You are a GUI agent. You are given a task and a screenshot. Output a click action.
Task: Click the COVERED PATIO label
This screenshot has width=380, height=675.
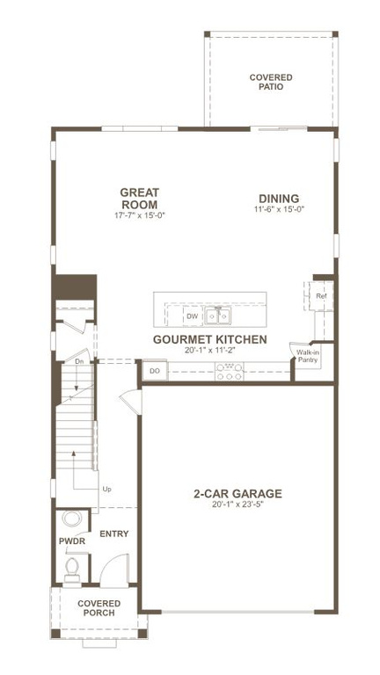(x=270, y=83)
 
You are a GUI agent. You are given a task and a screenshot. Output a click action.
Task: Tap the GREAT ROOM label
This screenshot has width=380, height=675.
(x=140, y=198)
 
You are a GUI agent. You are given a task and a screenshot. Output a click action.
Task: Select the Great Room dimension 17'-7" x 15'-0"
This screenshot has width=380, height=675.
(x=140, y=215)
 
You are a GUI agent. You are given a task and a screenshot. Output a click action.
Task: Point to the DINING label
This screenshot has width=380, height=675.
(x=279, y=199)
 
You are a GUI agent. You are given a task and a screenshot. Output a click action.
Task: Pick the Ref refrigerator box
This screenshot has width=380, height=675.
(x=321, y=297)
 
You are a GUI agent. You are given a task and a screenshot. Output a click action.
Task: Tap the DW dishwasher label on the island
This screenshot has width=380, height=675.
(x=192, y=316)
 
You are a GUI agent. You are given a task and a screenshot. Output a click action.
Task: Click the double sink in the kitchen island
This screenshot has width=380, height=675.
(x=218, y=316)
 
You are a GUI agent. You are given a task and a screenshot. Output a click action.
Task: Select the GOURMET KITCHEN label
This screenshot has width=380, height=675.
(x=209, y=339)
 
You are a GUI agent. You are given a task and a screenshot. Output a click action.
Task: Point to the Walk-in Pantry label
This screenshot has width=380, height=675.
(x=307, y=357)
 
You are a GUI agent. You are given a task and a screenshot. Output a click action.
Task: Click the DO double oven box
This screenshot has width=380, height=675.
(x=155, y=372)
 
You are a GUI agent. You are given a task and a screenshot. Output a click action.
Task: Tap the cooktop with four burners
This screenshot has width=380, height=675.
(x=230, y=372)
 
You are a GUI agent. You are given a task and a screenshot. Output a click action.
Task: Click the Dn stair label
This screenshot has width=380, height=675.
(x=78, y=361)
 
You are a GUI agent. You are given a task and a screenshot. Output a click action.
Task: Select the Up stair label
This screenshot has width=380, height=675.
(x=106, y=489)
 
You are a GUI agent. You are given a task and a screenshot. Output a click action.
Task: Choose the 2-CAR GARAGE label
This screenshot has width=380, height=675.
(x=237, y=493)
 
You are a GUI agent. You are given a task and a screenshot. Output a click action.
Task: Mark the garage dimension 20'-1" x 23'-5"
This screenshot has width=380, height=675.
(x=237, y=505)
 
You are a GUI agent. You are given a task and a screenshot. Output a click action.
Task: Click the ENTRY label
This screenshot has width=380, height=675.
(x=114, y=533)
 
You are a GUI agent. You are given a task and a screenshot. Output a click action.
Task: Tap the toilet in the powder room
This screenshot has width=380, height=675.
(x=71, y=572)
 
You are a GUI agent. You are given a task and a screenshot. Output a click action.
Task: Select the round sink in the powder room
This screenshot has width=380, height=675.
(x=71, y=519)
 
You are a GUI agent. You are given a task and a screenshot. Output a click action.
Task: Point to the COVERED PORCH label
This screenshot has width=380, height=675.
(x=98, y=608)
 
